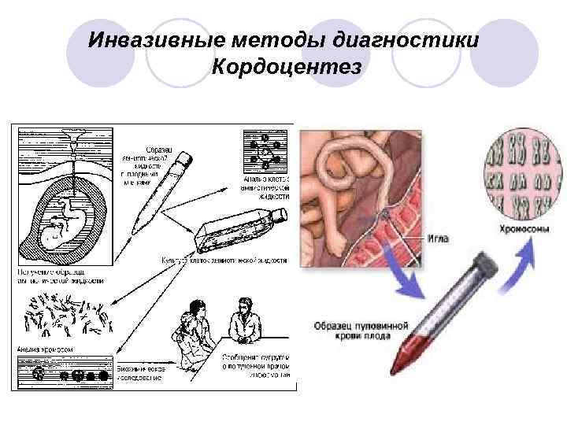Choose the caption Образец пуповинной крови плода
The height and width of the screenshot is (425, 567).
pyautogui.click(x=361, y=331)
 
